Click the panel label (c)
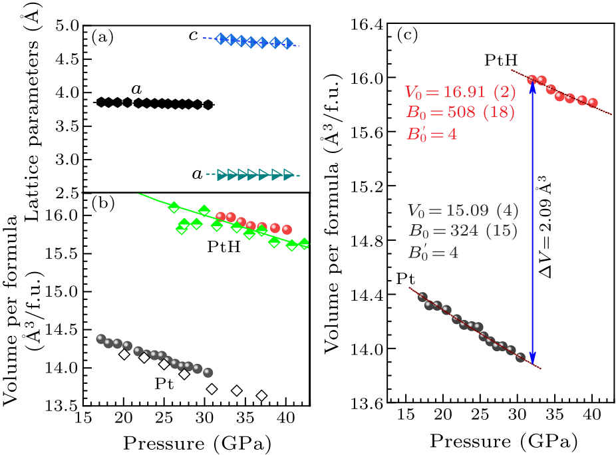[x=406, y=35]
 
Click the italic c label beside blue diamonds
[x=193, y=36]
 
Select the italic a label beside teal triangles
[x=197, y=174]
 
